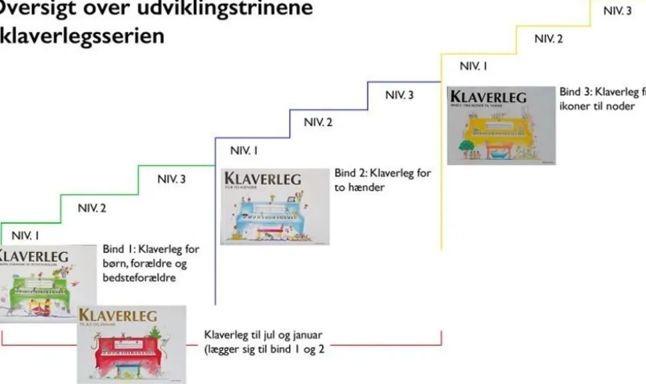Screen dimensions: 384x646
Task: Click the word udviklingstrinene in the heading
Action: click(226, 9)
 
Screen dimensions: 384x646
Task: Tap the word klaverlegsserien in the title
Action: click(83, 35)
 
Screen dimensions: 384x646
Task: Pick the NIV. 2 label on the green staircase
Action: click(92, 208)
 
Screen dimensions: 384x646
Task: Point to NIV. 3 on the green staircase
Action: click(171, 179)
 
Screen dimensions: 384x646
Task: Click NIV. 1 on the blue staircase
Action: click(244, 151)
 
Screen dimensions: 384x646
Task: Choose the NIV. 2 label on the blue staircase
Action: click(318, 122)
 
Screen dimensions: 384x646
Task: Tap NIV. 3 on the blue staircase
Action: click(400, 95)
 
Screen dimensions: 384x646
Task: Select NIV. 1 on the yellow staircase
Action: click(474, 66)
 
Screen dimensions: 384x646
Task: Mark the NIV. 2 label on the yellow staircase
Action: click(549, 39)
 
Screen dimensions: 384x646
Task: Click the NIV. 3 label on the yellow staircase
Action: click(617, 11)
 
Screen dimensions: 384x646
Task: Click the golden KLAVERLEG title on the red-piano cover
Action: click(118, 315)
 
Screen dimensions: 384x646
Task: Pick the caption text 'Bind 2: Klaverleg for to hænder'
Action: click(382, 180)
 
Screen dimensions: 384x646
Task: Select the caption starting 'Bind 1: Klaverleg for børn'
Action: click(151, 263)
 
